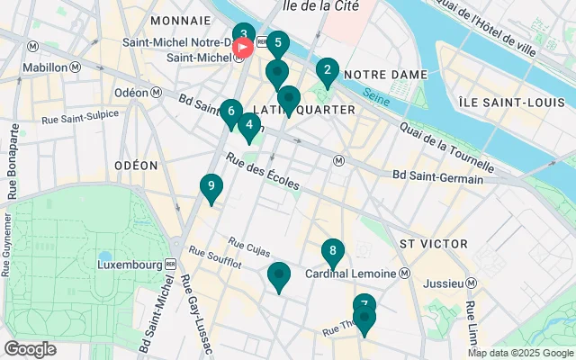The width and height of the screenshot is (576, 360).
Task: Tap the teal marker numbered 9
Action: [211, 187]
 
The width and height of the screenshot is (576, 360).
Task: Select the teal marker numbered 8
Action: [333, 252]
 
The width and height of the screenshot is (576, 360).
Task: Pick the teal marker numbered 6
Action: [231, 112]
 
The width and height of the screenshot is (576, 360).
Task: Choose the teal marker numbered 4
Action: [248, 126]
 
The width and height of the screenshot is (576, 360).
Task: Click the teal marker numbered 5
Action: [277, 43]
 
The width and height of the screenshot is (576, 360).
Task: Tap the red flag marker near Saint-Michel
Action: [243, 47]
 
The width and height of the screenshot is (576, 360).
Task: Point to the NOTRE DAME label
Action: [377, 73]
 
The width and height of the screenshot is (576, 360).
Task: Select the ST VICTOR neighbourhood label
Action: [434, 244]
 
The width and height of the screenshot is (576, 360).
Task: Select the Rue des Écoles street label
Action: [263, 171]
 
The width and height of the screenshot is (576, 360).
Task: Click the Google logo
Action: [30, 349]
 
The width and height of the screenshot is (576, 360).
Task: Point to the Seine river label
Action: [379, 93]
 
